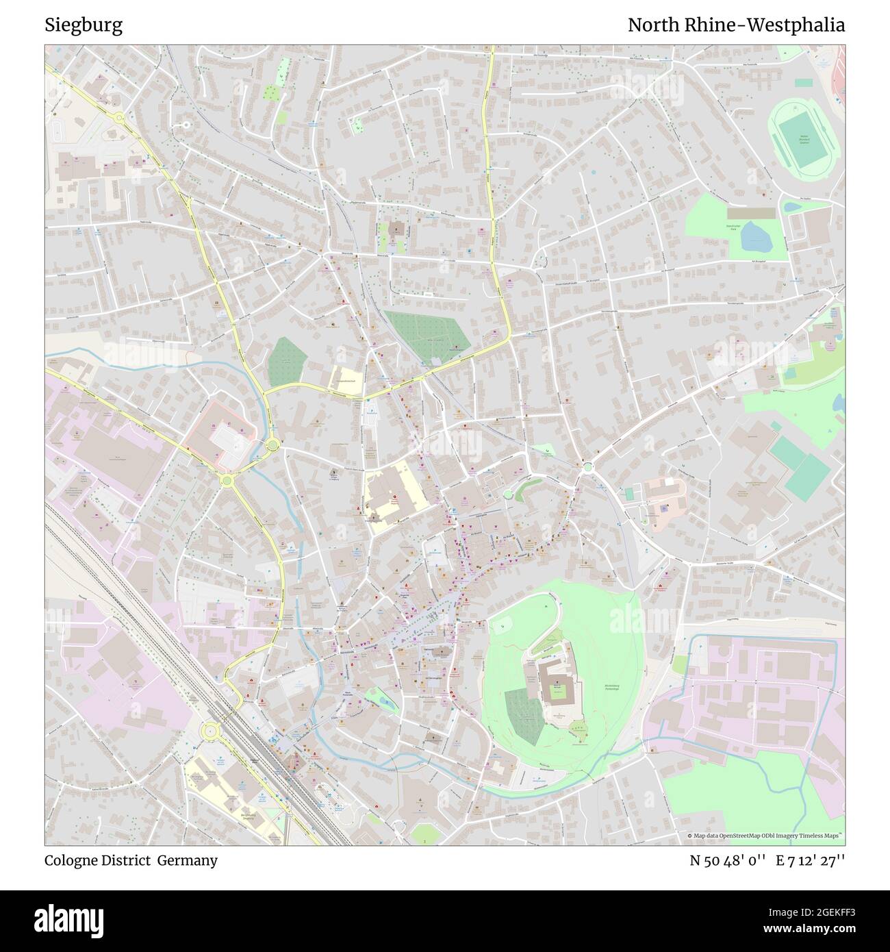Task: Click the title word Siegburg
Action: pos(84,25)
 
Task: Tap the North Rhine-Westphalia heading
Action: pos(736,25)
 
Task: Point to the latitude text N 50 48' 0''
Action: pos(728,860)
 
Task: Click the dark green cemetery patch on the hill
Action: pos(524,716)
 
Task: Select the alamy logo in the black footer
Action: pos(68,920)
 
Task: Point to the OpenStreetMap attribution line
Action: pos(765,836)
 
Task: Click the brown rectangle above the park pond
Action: pos(751,214)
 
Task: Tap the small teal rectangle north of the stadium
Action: pos(804,82)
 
